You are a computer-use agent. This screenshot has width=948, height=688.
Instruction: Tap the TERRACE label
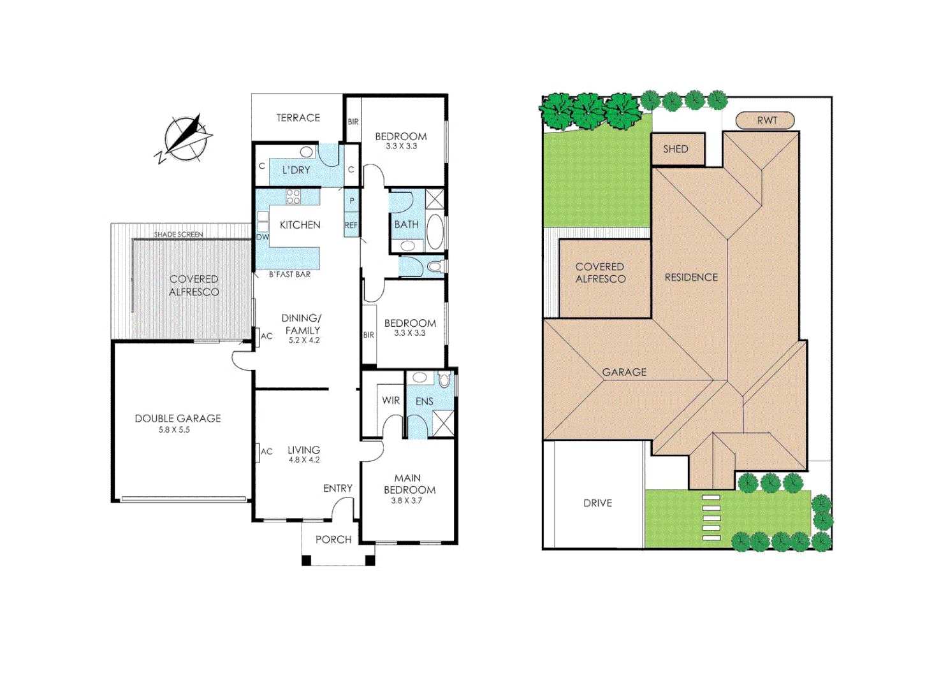pyautogui.click(x=298, y=118)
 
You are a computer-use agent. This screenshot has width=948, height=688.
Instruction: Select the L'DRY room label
pyautogui.click(x=296, y=170)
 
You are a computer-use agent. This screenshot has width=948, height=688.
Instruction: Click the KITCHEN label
pyautogui.click(x=300, y=225)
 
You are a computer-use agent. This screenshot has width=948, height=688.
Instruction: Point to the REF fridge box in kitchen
pyautogui.click(x=351, y=225)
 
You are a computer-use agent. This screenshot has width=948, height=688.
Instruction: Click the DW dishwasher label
pyautogui.click(x=262, y=237)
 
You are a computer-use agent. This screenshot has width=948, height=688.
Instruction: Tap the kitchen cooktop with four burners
pyautogui.click(x=293, y=196)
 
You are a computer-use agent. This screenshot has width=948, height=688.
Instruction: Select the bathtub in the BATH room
pyautogui.click(x=435, y=232)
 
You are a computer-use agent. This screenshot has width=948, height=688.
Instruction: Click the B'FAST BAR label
pyautogui.click(x=289, y=275)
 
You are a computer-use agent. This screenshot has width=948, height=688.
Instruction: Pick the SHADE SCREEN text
pyautogui.click(x=179, y=234)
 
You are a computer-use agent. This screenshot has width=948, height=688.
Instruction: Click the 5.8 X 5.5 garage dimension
pyautogui.click(x=174, y=430)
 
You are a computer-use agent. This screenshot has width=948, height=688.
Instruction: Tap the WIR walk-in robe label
pyautogui.click(x=391, y=401)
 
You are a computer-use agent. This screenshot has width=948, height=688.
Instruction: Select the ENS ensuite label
pyautogui.click(x=424, y=401)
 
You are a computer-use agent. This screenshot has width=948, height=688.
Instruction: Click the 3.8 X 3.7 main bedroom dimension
pyautogui.click(x=407, y=501)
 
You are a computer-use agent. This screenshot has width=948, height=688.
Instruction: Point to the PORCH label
pyautogui.click(x=333, y=540)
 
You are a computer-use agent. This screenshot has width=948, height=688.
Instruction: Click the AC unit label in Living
pyautogui.click(x=266, y=452)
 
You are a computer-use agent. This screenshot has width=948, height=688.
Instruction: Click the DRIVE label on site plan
pyautogui.click(x=597, y=503)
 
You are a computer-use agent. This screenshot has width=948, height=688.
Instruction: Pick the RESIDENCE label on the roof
pyautogui.click(x=691, y=278)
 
